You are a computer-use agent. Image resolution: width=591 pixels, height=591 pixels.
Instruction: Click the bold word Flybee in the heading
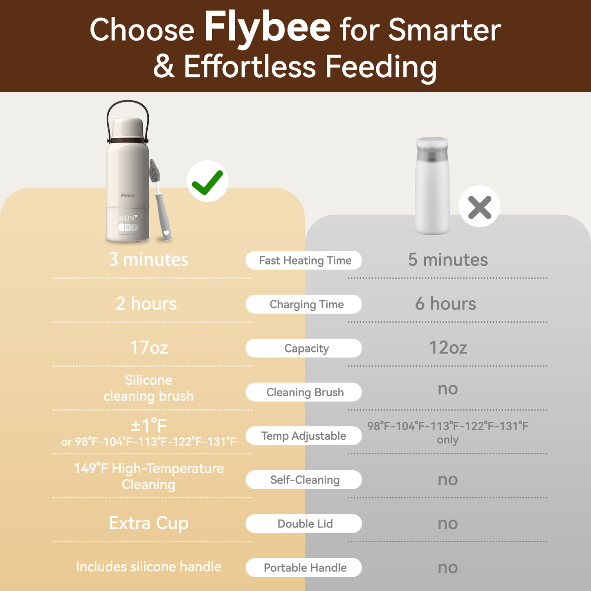(x=267, y=29)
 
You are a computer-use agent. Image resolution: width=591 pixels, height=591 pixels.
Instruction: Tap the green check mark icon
(x=207, y=182)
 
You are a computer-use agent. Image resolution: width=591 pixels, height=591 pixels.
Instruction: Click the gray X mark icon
(x=480, y=207)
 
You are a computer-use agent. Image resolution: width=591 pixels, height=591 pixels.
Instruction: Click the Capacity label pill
(x=303, y=348)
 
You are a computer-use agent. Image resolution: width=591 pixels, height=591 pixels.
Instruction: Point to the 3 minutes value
(x=148, y=259)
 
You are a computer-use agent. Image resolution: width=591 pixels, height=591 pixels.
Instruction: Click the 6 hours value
(x=445, y=303)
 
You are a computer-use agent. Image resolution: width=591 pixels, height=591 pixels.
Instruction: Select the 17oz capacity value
(x=149, y=348)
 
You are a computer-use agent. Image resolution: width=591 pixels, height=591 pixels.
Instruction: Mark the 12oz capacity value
(x=448, y=348)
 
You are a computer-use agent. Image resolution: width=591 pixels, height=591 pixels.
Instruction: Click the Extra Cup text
(x=149, y=523)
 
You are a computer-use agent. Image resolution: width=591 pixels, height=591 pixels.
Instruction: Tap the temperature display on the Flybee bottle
(x=128, y=218)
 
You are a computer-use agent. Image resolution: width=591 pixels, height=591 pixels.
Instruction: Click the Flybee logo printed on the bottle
(x=128, y=196)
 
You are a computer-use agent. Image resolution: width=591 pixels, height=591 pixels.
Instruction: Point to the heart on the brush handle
(x=166, y=232)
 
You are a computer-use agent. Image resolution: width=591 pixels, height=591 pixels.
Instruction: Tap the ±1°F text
(x=149, y=425)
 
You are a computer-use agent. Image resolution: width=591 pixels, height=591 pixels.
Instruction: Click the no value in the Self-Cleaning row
(x=448, y=479)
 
